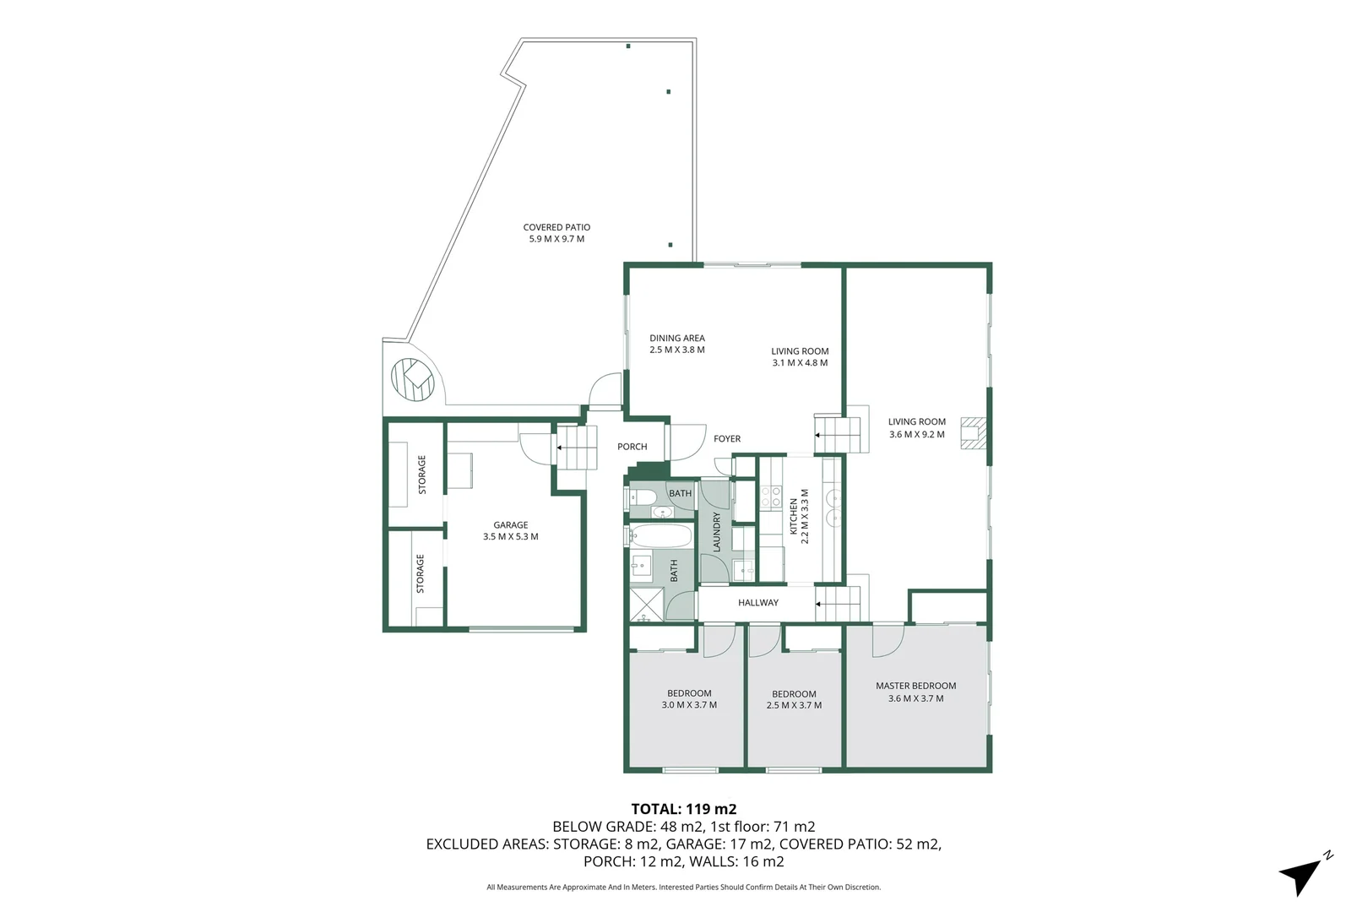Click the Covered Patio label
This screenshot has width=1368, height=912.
coord(556,227)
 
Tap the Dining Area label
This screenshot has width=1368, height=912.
coord(676,338)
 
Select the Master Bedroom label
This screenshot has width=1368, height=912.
coord(915,686)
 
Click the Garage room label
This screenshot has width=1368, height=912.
coord(510,525)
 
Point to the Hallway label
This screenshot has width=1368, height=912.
coord(757,603)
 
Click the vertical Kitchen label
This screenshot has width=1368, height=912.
coord(794,516)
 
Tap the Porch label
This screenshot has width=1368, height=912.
coord(632,447)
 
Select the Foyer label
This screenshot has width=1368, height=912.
coord(726,439)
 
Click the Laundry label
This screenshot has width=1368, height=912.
coord(717,532)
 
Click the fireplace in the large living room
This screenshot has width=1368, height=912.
coord(974,432)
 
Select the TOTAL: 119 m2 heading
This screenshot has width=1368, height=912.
coord(683,809)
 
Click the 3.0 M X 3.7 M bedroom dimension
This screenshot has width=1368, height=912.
coord(688,705)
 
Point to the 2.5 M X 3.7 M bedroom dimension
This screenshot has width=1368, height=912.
coord(794,705)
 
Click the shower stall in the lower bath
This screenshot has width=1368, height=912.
coord(646,605)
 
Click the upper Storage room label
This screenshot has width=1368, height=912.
coord(422,475)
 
